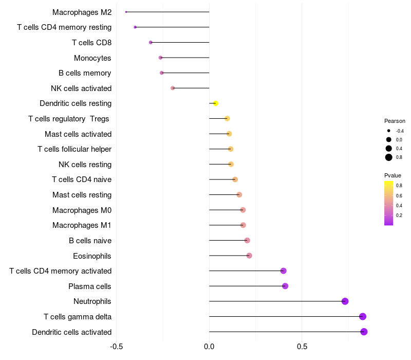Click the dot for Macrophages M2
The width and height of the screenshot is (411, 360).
pyautogui.click(x=126, y=12)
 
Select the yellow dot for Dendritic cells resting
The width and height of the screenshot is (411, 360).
pyautogui.click(x=216, y=103)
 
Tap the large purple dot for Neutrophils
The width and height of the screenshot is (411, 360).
pyautogui.click(x=345, y=301)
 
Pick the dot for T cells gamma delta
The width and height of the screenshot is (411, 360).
pyautogui.click(x=363, y=316)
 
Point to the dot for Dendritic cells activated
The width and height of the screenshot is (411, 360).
pyautogui.click(x=364, y=332)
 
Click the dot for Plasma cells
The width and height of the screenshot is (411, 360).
pyautogui.click(x=285, y=286)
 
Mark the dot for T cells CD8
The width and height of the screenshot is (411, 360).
pyautogui.click(x=151, y=42)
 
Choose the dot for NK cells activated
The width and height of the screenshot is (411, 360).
pyautogui.click(x=173, y=88)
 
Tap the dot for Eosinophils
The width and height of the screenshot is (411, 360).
pyautogui.click(x=249, y=256)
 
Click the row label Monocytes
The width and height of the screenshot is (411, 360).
pyautogui.click(x=92, y=58)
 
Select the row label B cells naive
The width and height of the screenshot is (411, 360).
pyautogui.click(x=90, y=240)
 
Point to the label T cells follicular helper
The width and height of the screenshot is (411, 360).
pyautogui.click(x=74, y=149)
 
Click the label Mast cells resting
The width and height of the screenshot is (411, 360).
pyautogui.click(x=82, y=195)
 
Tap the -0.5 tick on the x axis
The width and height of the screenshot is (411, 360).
pyautogui.click(x=117, y=346)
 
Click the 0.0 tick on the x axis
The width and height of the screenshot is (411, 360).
pyautogui.click(x=209, y=346)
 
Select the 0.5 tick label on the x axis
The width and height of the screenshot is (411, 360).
pyautogui.click(x=302, y=346)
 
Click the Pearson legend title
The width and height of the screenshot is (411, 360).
pyautogui.click(x=395, y=121)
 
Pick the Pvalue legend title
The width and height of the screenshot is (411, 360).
pyautogui.click(x=393, y=175)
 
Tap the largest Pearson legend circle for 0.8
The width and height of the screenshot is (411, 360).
pyautogui.click(x=389, y=157)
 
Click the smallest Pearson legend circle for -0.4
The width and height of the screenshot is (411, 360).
pyautogui.click(x=389, y=131)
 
